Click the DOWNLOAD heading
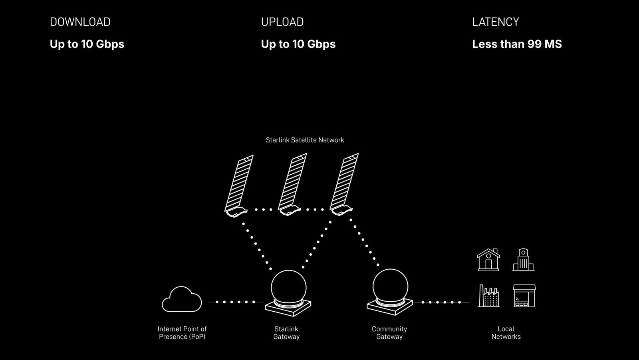coord(80,22)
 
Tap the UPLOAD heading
coord(282,22)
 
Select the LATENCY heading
coord(495,22)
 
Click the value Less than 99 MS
coord(517,44)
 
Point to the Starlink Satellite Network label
coord(305,140)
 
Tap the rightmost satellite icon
coord(344,184)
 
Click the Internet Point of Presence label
coord(182,332)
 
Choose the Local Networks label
coord(506,332)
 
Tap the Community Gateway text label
coord(389,332)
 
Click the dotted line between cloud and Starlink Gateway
coord(235,302)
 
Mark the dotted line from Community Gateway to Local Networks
coord(441,302)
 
